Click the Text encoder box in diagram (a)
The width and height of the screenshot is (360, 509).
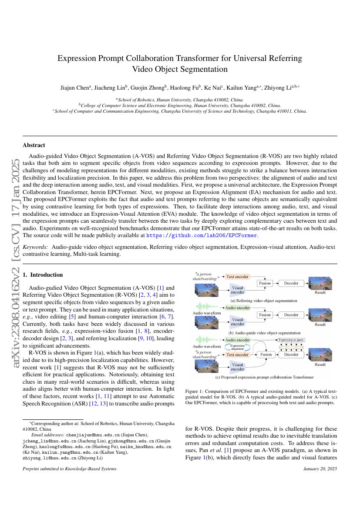click(x=238, y=276)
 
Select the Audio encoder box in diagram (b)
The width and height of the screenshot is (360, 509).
click(x=238, y=308)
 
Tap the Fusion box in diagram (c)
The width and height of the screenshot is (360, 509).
click(x=266, y=355)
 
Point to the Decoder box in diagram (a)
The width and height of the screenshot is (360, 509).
click(x=291, y=283)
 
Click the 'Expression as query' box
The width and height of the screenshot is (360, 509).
click(x=291, y=340)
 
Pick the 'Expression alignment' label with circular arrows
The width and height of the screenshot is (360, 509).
click(x=237, y=347)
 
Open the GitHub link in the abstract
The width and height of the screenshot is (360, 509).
click(x=202, y=235)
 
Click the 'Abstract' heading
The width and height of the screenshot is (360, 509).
click(x=34, y=145)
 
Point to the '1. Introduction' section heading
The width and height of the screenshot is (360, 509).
click(x=43, y=275)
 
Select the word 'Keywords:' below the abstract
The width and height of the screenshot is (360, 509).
click(x=36, y=247)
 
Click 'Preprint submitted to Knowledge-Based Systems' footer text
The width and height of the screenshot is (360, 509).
click(x=69, y=469)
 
